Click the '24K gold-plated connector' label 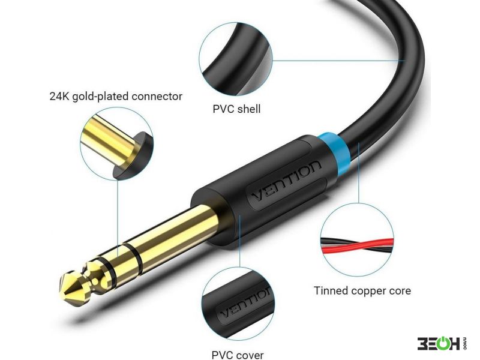pos(116,97)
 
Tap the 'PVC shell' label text pos(236,109)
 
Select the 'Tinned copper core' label pos(362,290)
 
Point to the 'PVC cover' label pos(238,355)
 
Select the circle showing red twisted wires pos(357,240)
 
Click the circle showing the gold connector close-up pos(117,144)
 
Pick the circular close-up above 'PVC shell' pos(236,59)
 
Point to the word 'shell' pos(248,109)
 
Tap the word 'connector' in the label pos(157,97)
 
